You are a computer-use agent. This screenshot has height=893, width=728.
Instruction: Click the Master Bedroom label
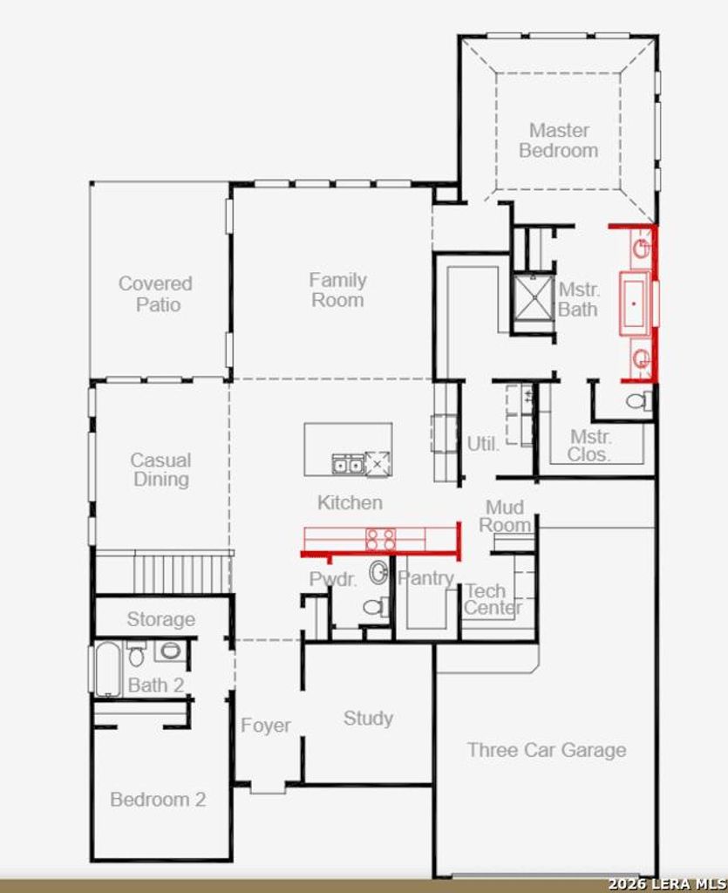point(558,140)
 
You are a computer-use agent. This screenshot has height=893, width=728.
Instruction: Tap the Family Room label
point(337,290)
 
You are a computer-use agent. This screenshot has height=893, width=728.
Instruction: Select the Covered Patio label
point(155,294)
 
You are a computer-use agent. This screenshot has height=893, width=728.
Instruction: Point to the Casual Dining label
point(160,470)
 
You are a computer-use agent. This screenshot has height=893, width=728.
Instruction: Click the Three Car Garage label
point(547,750)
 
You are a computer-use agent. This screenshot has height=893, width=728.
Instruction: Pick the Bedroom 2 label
point(158,800)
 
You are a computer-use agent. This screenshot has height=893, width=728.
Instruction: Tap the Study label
point(368,719)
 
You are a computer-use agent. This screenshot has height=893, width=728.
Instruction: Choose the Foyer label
point(265,726)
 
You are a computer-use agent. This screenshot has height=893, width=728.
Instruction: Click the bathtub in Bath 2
point(107,669)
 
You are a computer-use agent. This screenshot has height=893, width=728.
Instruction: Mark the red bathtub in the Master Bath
point(634,303)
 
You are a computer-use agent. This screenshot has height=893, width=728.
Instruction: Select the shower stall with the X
point(533,297)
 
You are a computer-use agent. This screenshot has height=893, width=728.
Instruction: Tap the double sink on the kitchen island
point(348,464)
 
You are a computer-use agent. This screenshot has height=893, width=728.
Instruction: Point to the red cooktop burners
point(380,539)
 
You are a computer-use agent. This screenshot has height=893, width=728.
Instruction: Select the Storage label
point(161,619)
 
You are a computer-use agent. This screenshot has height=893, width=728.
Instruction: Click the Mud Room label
point(504,516)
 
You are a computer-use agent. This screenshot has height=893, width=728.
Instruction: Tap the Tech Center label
point(493,599)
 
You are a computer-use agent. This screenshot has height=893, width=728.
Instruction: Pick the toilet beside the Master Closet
point(640,401)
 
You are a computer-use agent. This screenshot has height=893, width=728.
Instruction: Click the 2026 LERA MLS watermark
point(668,884)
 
